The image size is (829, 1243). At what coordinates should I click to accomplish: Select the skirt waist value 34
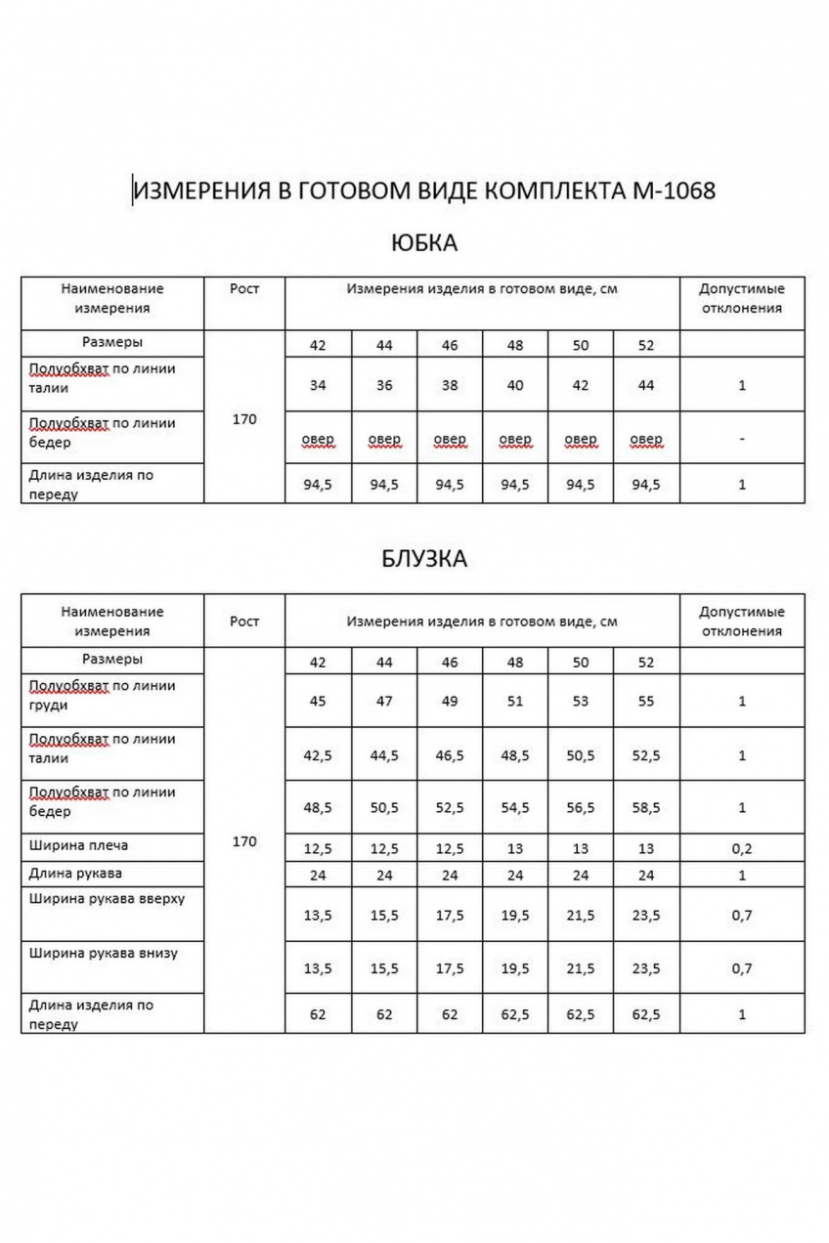318,385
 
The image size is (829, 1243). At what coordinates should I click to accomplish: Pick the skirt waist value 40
515,385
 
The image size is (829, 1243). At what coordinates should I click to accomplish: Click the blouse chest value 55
645,701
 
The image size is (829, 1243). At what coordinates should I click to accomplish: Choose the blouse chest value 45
318,701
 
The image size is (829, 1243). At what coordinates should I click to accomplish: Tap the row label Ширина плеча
79,844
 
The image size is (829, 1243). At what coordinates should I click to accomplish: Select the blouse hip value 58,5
645,807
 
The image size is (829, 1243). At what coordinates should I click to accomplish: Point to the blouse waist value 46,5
450,755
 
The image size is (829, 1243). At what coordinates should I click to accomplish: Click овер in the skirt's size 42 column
318,440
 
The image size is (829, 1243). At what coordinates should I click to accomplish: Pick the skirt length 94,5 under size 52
645,484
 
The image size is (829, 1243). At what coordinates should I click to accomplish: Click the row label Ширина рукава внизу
104,952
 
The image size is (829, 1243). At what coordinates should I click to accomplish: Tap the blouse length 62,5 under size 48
515,1014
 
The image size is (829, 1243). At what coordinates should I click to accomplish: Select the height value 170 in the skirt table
244,419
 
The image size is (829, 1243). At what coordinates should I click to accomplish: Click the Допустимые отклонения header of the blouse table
742,621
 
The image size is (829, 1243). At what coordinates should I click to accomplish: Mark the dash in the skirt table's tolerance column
742,440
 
